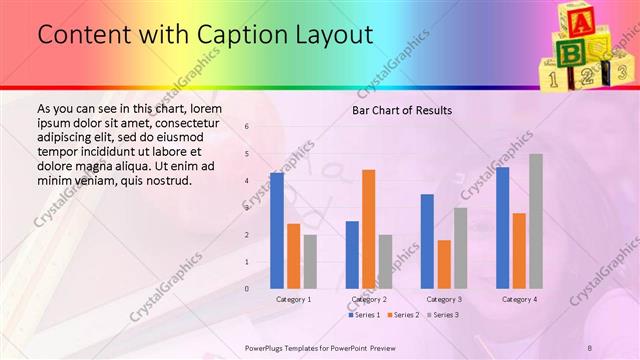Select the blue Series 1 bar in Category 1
tap(277, 230)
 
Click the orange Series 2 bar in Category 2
tap(368, 229)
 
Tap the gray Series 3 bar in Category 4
tap(536, 221)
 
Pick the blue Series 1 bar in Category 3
tap(427, 241)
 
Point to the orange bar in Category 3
tap(444, 264)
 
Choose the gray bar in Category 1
tap(310, 261)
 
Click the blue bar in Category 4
tap(502, 227)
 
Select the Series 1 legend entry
tap(364, 315)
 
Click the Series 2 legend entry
tap(402, 315)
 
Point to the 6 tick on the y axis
tap(247, 127)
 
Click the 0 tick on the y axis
tap(247, 289)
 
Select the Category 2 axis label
tap(368, 299)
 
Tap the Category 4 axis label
tap(519, 299)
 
